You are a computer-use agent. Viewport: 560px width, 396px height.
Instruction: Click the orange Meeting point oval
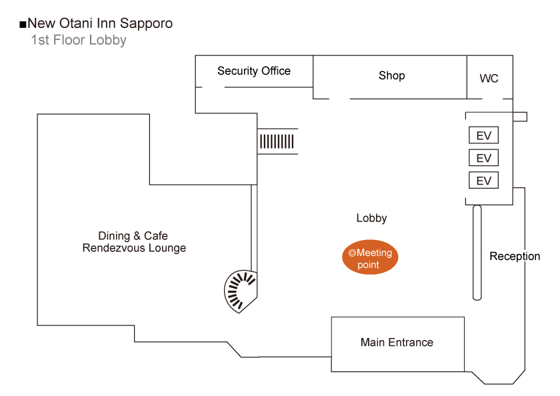369,259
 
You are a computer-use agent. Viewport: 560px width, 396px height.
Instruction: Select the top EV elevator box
483,135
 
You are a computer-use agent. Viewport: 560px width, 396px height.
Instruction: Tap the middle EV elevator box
483,158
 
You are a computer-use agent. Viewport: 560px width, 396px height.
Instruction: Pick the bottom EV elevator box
483,181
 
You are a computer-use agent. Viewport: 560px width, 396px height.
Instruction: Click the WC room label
489,79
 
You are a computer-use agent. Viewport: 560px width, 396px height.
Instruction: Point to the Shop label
391,75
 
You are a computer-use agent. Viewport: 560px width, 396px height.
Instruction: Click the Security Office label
254,71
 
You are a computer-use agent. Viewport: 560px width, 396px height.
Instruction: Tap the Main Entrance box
397,343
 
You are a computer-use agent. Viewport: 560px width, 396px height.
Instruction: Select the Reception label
515,256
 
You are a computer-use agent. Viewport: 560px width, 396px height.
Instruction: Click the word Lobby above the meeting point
371,218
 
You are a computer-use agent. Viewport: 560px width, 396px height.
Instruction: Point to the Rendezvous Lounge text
134,248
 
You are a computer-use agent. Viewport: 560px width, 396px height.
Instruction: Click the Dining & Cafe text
133,236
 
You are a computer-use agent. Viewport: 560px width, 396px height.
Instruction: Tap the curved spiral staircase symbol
240,290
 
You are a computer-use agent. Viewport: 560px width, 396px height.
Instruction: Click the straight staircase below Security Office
277,141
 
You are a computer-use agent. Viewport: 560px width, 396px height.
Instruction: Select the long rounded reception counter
477,252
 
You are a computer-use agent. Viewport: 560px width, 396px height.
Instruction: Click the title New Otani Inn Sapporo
100,23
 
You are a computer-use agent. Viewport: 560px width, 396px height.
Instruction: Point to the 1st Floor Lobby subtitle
78,40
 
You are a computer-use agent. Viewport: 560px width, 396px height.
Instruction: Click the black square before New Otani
23,25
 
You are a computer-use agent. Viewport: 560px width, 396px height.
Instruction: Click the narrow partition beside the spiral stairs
253,227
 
